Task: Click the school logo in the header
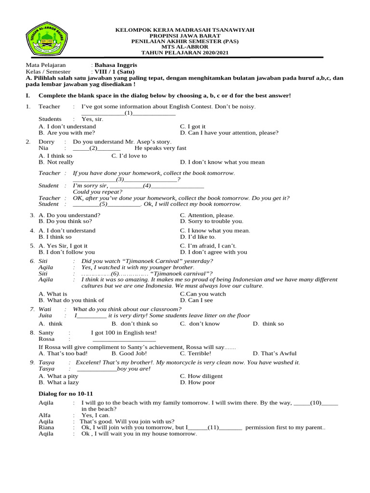click(47, 40)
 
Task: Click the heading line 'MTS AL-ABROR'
click(185, 47)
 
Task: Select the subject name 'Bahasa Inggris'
click(116, 65)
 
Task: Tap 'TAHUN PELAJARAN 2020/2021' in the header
click(185, 52)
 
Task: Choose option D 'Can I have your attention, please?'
click(229, 133)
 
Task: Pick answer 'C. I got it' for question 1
click(193, 127)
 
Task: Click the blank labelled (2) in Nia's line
click(97, 148)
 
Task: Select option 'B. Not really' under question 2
click(56, 162)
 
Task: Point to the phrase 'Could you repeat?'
click(98, 191)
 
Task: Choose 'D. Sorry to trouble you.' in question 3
click(211, 221)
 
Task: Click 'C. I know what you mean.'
click(215, 231)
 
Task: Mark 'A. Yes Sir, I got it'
click(63, 246)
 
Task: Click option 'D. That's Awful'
click(275, 353)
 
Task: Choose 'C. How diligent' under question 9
click(201, 376)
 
